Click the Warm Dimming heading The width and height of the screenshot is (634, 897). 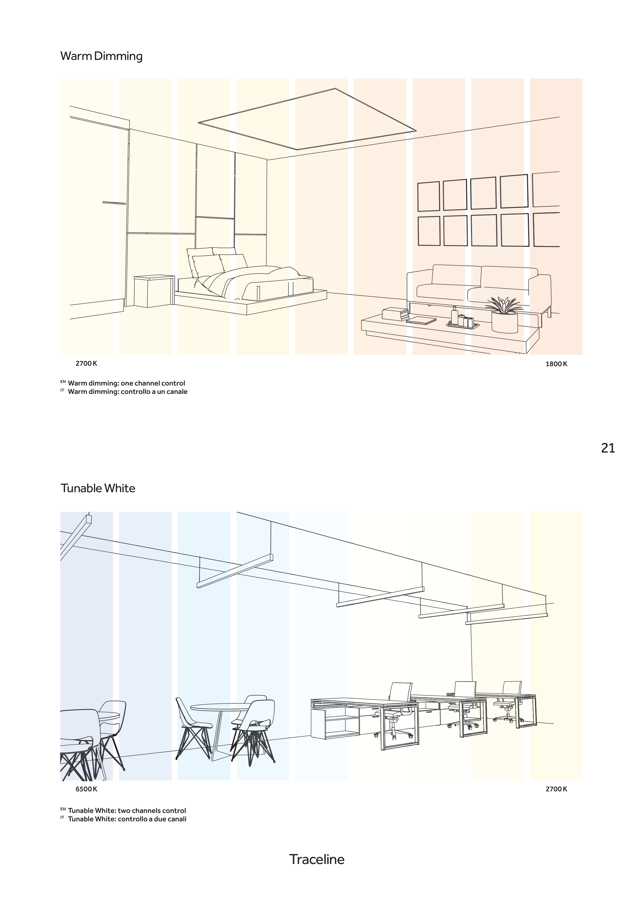[x=101, y=56]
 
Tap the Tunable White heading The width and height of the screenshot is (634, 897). [x=98, y=488]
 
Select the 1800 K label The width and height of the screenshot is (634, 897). [x=556, y=364]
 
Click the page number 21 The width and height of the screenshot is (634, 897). [x=608, y=448]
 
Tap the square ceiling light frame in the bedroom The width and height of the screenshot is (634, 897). [x=307, y=119]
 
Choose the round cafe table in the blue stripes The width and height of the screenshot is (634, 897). [x=221, y=707]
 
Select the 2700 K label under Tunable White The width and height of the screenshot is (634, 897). [x=556, y=789]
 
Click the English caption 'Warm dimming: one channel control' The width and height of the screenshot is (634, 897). [x=126, y=383]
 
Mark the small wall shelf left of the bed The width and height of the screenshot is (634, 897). [x=114, y=203]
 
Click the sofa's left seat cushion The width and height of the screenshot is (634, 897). [x=442, y=290]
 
